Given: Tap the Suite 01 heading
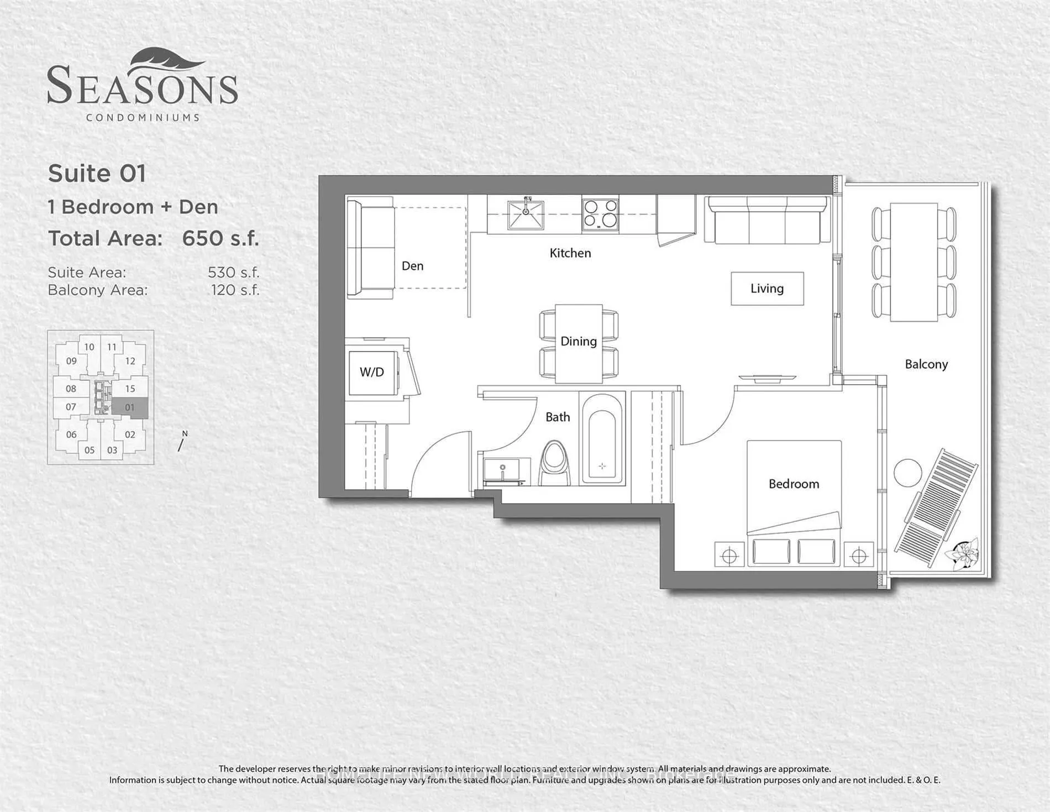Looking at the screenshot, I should coord(97,174).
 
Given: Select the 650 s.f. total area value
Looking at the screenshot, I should coord(220,238).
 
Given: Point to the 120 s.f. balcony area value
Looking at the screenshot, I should coord(235,290).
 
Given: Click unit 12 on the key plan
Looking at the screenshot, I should coord(130,361).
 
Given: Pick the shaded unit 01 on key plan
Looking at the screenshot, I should coord(130,407).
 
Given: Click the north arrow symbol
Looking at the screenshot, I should coord(182,442).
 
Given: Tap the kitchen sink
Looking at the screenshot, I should coord(526,214).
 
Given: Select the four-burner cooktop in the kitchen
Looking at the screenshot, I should coord(600,213).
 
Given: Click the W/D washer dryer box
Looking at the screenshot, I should coord(372,372).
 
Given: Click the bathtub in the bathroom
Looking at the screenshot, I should coord(602,439).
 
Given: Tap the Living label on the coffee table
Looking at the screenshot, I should coord(767,289).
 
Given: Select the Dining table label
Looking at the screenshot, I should coord(578,342).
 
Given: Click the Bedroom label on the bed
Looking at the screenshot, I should coord(794,484).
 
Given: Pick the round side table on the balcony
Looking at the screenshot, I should coord(907,473).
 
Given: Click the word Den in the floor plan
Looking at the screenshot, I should coord(412,266).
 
